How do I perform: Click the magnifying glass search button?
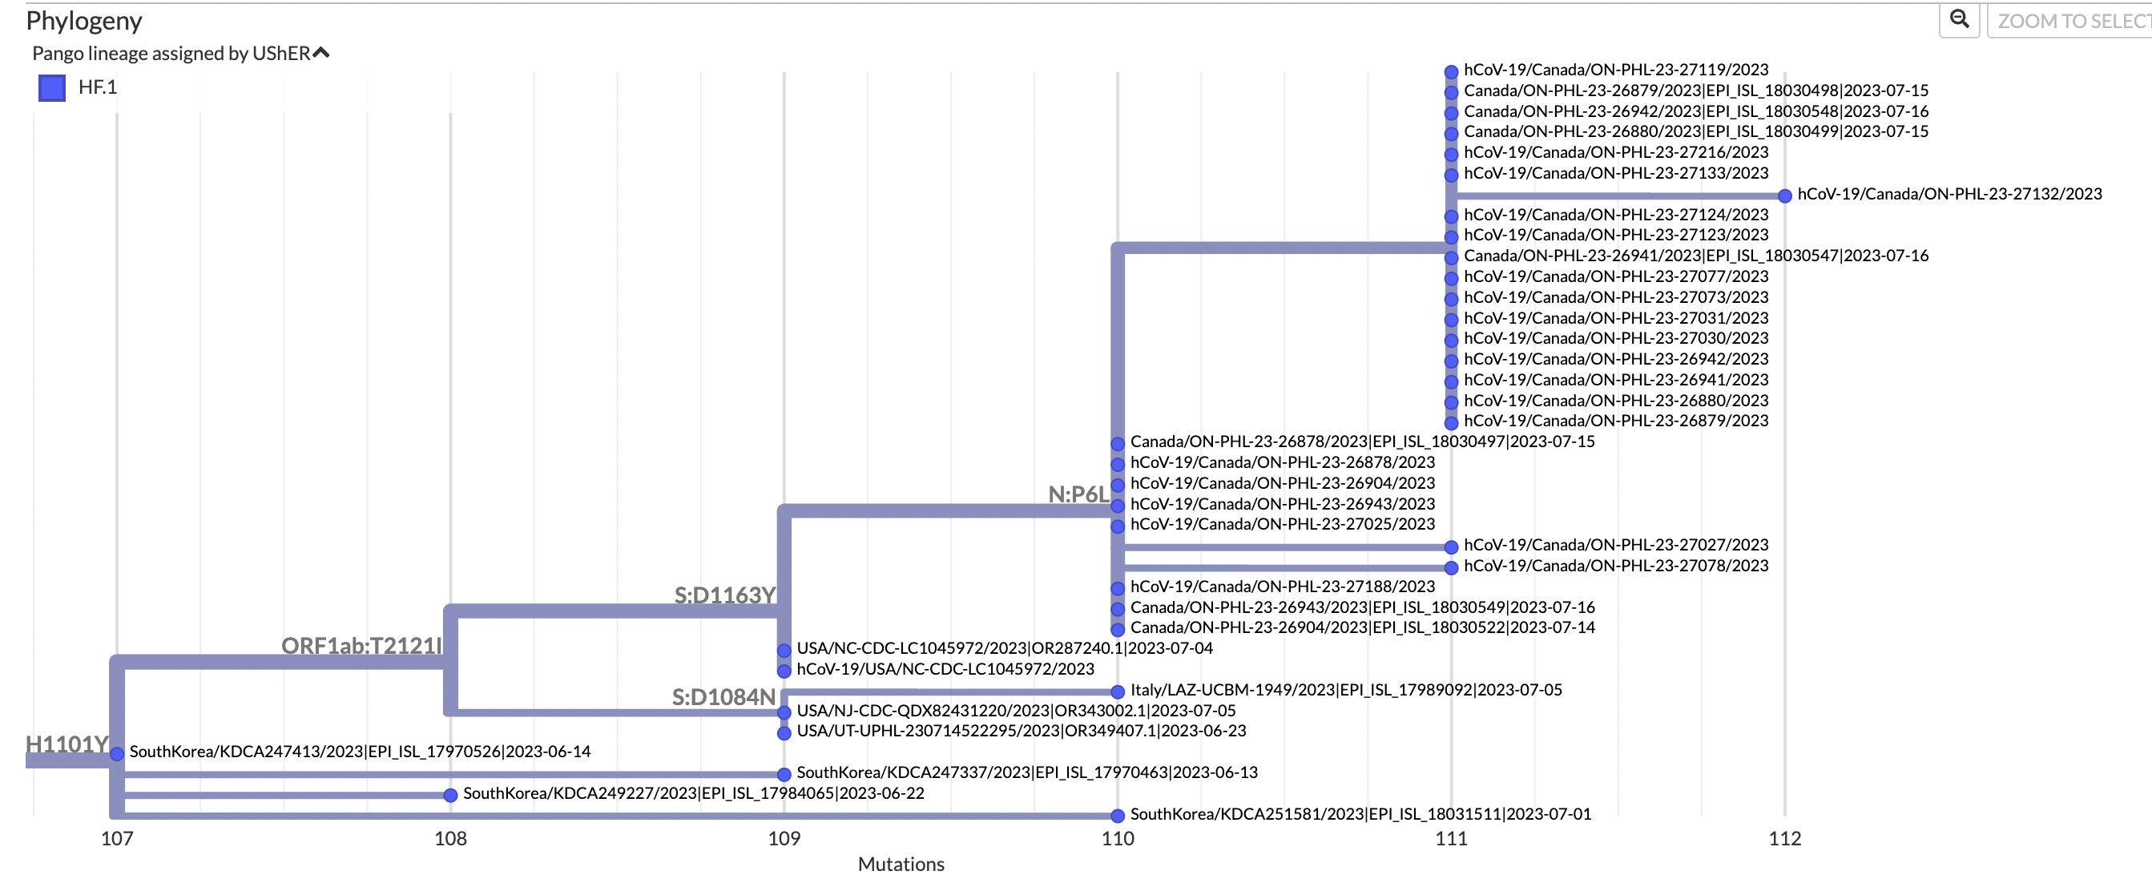point(1959,19)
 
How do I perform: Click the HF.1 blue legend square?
point(52,87)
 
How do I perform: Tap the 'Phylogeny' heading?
point(83,20)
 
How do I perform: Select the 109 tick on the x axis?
point(784,838)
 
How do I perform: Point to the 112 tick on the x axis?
point(1784,838)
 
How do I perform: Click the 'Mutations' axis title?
point(901,864)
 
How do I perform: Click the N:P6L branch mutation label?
point(1078,494)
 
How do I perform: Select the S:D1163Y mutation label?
point(724,595)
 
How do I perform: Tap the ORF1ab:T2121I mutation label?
point(361,646)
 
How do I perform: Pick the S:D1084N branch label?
point(723,697)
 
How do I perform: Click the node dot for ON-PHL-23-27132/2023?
point(1784,196)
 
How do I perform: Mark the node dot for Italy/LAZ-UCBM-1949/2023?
point(1118,691)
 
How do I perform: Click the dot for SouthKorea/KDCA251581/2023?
point(1118,816)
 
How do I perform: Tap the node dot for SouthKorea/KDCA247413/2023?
point(117,753)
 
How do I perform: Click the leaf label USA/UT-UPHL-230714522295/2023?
point(1021,731)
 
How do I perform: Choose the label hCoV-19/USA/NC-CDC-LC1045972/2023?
point(945,669)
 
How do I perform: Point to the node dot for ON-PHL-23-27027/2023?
point(1451,547)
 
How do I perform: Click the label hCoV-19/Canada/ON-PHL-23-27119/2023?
point(1616,70)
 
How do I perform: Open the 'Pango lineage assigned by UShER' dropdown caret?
point(320,54)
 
